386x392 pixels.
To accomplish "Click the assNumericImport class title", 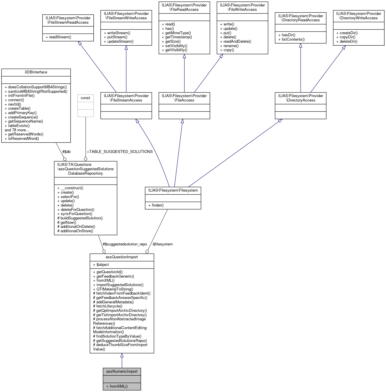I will pyautogui.click(x=122, y=372).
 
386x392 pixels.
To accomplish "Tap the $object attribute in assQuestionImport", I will pyautogui.click(x=101, y=265).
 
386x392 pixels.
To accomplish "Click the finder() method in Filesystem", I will pyautogui.click(x=156, y=205).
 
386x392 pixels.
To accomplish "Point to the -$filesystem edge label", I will pyautogui.click(x=162, y=244).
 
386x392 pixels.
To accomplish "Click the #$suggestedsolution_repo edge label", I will pyautogui.click(x=125, y=244).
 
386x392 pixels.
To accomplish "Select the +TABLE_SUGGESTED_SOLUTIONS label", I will pyautogui.click(x=120, y=152).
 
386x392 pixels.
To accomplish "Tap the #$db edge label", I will pyautogui.click(x=66, y=152).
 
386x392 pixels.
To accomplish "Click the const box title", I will pyautogui.click(x=85, y=98).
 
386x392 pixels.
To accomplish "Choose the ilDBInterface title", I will pyautogui.click(x=36, y=72).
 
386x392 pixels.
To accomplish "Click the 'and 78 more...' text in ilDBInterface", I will pyautogui.click(x=17, y=130).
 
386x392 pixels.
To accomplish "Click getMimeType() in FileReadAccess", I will pyautogui.click(x=176, y=33).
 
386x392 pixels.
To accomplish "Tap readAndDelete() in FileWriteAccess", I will pyautogui.click(x=236, y=42).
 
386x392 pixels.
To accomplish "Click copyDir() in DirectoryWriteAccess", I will pyautogui.click(x=346, y=37).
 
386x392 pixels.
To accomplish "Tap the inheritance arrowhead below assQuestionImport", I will pyautogui.click(x=122, y=355).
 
